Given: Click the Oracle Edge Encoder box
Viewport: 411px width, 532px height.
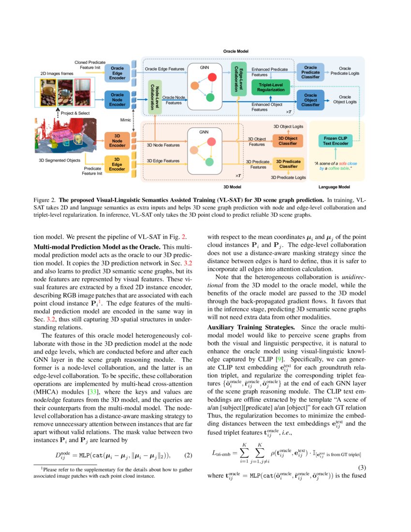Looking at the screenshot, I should pyautogui.click(x=117, y=72).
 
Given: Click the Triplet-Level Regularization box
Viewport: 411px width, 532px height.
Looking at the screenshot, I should pyautogui.click(x=270, y=87).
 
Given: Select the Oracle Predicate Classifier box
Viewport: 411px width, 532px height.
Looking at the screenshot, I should pyautogui.click(x=310, y=72).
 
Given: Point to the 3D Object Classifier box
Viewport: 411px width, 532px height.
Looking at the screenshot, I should pyautogui.click(x=288, y=141).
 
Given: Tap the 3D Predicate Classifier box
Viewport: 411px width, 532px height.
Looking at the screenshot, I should pyautogui.click(x=288, y=163).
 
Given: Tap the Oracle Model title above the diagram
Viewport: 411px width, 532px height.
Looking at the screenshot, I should pyautogui.click(x=236, y=51).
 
